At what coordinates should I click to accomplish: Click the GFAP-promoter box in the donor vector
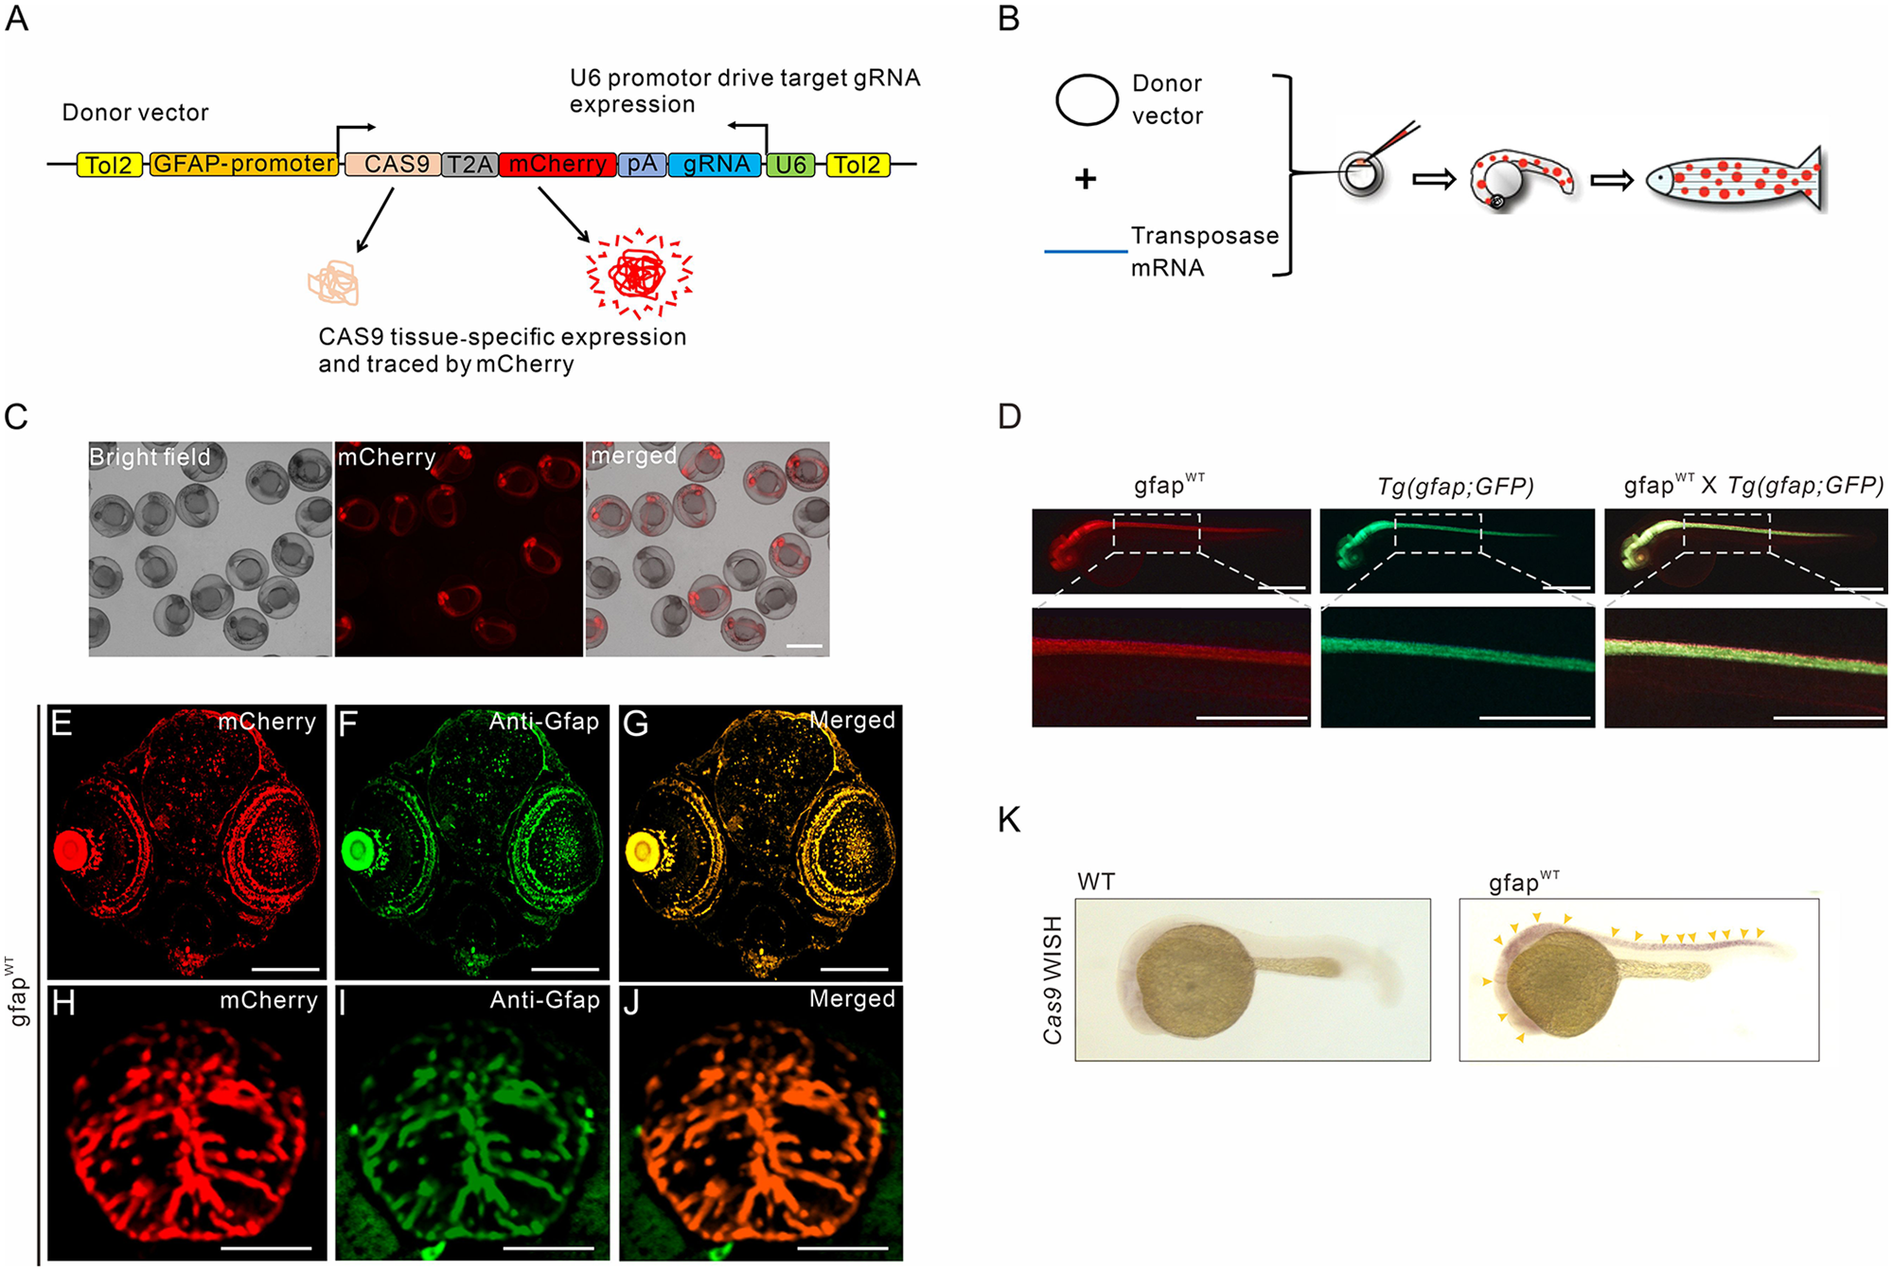(243, 164)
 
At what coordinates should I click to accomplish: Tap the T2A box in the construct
(469, 165)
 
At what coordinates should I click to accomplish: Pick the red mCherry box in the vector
(557, 165)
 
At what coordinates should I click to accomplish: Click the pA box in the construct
(642, 165)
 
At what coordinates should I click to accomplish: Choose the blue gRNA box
(716, 165)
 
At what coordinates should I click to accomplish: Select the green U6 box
(790, 165)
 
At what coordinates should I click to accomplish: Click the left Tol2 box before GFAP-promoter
(109, 165)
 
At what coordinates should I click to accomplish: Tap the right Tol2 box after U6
(858, 165)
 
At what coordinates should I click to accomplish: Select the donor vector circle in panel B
(1087, 99)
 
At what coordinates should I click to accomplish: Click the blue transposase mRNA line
(1085, 251)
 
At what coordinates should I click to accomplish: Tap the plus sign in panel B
(1086, 178)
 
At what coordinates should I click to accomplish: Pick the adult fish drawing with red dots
(1734, 180)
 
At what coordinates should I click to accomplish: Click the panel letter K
(1010, 819)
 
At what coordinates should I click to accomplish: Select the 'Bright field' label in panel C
(150, 457)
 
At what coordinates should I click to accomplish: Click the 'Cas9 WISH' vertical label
(1053, 979)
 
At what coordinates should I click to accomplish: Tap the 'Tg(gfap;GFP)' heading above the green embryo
(1455, 486)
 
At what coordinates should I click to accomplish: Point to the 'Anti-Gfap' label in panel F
(544, 722)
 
